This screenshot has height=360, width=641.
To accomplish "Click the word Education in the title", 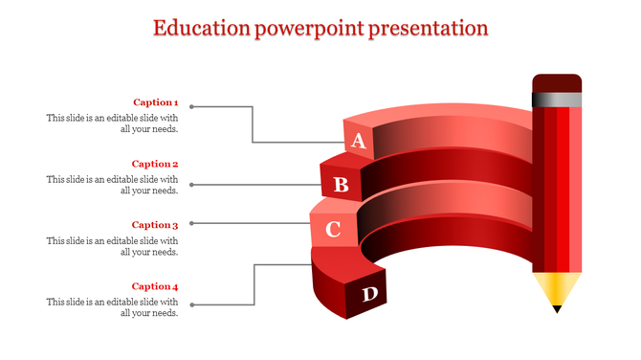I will pyautogui.click(x=202, y=28).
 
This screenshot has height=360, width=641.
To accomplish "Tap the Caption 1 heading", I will pyautogui.click(x=155, y=102).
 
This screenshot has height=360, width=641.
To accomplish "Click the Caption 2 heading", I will pyautogui.click(x=155, y=164).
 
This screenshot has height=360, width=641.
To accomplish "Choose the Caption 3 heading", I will pyautogui.click(x=155, y=225).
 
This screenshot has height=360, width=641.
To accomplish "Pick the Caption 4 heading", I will pyautogui.click(x=155, y=286).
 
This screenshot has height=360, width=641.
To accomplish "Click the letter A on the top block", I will pyautogui.click(x=359, y=142).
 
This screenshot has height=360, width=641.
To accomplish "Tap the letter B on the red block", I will pyautogui.click(x=341, y=184).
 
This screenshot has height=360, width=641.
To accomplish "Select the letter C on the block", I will pyautogui.click(x=333, y=230).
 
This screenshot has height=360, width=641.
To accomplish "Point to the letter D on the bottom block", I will pyautogui.click(x=369, y=294).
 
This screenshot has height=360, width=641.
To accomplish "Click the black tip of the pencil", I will pyautogui.click(x=557, y=308).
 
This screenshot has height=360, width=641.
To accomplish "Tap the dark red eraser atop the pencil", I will pyautogui.click(x=557, y=82).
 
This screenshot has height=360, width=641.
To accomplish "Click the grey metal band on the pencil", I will pyautogui.click(x=557, y=100).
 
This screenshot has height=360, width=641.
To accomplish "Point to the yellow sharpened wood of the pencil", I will pyautogui.click(x=557, y=286).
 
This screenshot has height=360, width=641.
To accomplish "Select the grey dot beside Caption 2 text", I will pyautogui.click(x=191, y=184).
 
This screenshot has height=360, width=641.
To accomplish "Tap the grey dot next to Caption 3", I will pyautogui.click(x=191, y=223).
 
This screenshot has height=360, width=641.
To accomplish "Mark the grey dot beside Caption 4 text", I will pyautogui.click(x=191, y=305).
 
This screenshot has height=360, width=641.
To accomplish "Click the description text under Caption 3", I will pyautogui.click(x=112, y=246).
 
